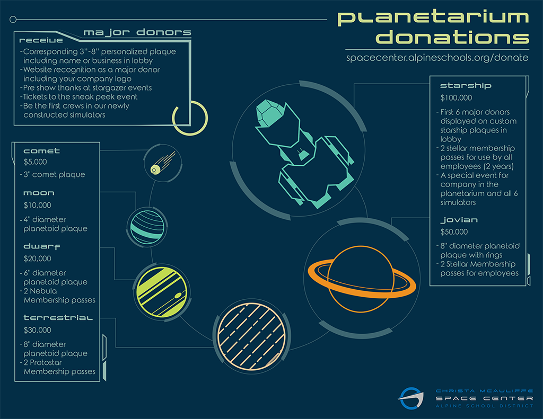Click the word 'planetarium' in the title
[x=434, y=18]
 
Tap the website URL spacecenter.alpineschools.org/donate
[x=437, y=57]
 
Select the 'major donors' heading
[x=137, y=32]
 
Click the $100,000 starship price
[x=456, y=98]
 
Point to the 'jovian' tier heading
[x=459, y=220]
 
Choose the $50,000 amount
[x=454, y=232]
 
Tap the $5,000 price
[x=36, y=162]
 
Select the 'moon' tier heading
[x=39, y=193]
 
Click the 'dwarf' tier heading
[x=41, y=246]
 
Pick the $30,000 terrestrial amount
[x=38, y=330]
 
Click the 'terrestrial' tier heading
[x=58, y=318]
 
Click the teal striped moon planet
[x=147, y=227]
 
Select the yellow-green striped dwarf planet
[x=162, y=292]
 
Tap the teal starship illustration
[x=304, y=153]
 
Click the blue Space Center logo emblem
[x=411, y=398]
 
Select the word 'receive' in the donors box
[x=41, y=40]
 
